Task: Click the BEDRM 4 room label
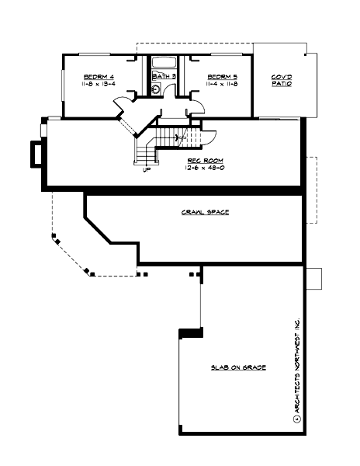(99, 76)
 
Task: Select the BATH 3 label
(163, 77)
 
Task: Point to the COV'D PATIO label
(281, 80)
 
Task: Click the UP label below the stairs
(145, 172)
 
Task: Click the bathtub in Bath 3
(164, 63)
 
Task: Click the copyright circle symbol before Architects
(296, 419)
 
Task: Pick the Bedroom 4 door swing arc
(125, 104)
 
